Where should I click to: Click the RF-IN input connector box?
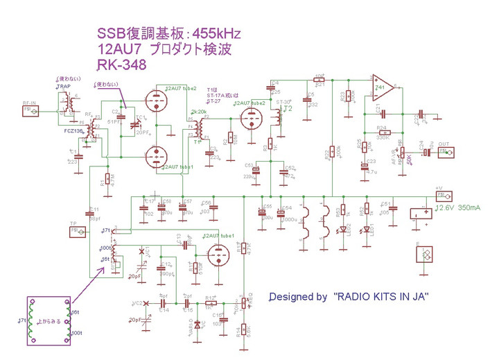(28, 110)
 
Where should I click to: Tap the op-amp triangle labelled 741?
(382, 88)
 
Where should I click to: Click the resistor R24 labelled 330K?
(382, 132)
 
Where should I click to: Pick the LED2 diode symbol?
(340, 230)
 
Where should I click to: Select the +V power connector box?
(439, 196)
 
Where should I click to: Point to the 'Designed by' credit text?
(298, 296)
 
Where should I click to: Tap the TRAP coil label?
(64, 87)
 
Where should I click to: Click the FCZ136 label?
(74, 130)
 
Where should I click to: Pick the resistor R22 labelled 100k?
(332, 152)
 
